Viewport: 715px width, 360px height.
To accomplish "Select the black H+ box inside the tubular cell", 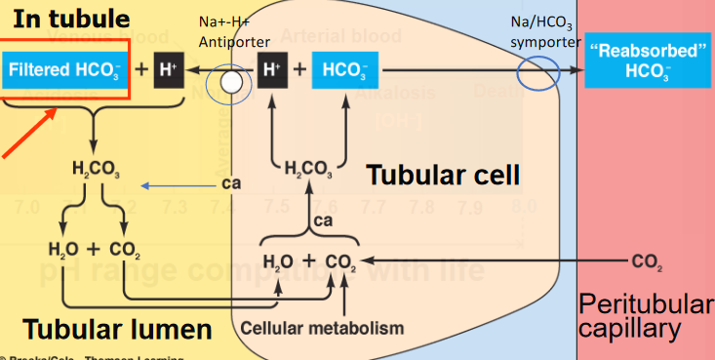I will click(x=273, y=70).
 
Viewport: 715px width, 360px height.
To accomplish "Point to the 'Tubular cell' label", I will click(x=443, y=177).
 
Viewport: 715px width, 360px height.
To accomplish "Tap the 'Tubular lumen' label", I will click(x=117, y=329).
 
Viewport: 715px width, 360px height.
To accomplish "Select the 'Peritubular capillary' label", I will click(x=646, y=315).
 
